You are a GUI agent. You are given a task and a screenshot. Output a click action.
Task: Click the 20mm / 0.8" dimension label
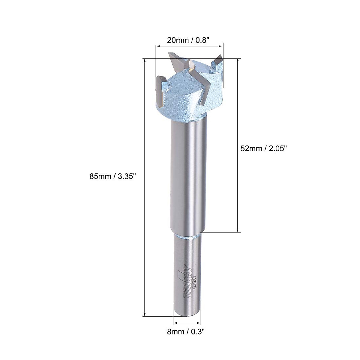coord(189,40)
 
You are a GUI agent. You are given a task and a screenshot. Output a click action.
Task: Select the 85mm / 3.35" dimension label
coord(113,177)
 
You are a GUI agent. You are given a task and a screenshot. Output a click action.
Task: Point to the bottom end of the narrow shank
coord(187,313)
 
